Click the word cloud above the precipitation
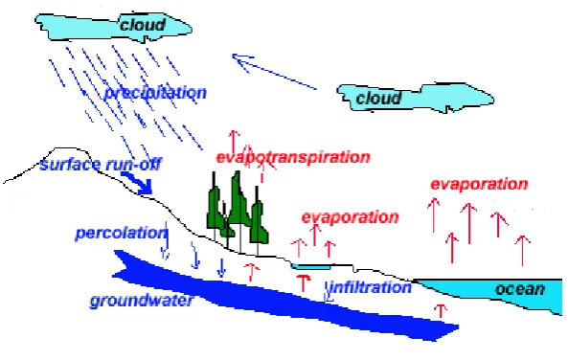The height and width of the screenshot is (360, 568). click(143, 25)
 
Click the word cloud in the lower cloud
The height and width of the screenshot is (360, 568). click(378, 98)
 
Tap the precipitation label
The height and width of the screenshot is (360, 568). click(155, 93)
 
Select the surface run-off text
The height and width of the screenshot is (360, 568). click(101, 164)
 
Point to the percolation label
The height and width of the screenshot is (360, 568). click(121, 233)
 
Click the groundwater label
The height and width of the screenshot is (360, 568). click(141, 301)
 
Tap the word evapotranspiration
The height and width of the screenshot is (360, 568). click(293, 157)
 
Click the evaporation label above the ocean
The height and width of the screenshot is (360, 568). click(479, 184)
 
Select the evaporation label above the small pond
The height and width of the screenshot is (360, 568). click(350, 217)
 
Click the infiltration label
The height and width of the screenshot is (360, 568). click(371, 287)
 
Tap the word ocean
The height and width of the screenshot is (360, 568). click(520, 289)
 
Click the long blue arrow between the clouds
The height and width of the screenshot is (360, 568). click(274, 71)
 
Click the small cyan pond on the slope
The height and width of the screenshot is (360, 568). click(311, 267)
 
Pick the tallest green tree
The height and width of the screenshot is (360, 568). click(238, 212)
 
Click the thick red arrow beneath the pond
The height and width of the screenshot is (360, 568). click(304, 282)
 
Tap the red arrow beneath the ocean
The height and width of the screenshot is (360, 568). click(441, 311)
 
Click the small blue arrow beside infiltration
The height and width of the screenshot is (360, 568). click(329, 292)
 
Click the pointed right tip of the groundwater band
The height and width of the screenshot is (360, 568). click(459, 327)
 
